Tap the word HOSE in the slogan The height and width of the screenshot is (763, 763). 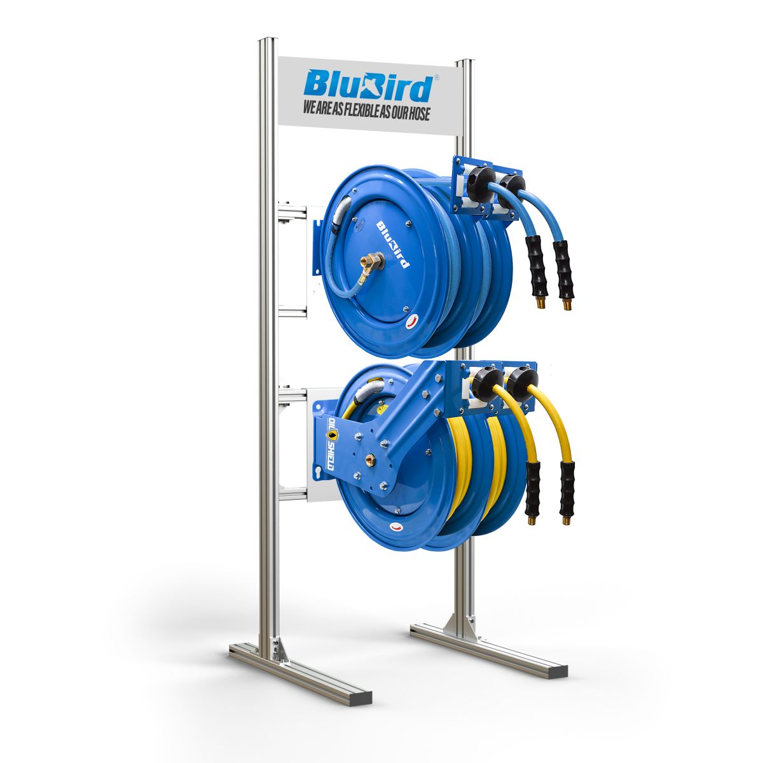[x=414, y=114]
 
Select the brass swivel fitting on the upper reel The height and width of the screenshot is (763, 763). [x=370, y=261]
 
